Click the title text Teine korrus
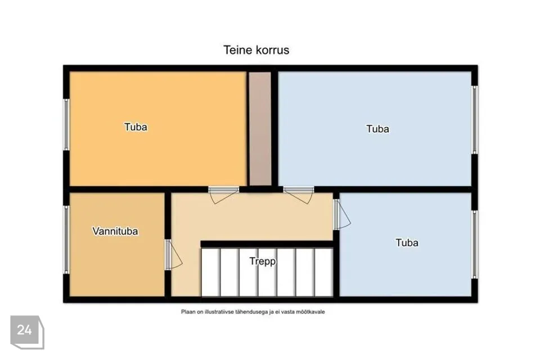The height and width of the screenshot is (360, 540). pos(256,50)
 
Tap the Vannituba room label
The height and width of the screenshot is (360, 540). pos(115,231)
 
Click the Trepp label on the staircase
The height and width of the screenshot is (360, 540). pos(263,262)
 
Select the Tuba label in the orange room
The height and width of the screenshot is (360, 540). pos(136,127)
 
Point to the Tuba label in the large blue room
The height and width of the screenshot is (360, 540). pos(377,129)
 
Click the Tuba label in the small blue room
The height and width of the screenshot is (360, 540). pos(407,242)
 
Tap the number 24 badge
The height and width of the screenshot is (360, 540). pos(27,332)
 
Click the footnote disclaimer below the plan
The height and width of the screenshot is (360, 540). pos(253,312)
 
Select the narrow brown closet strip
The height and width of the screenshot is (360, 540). pos(260,129)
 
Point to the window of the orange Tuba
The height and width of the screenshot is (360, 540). pos(66,124)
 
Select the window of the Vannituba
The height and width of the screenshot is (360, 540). pos(66,240)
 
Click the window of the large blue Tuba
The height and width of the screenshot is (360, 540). pos(475,120)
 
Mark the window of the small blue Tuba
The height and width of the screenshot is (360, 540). pos(475,245)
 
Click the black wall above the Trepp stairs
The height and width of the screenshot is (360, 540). pos(267,244)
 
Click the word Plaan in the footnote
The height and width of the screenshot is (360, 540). pos(187,312)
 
